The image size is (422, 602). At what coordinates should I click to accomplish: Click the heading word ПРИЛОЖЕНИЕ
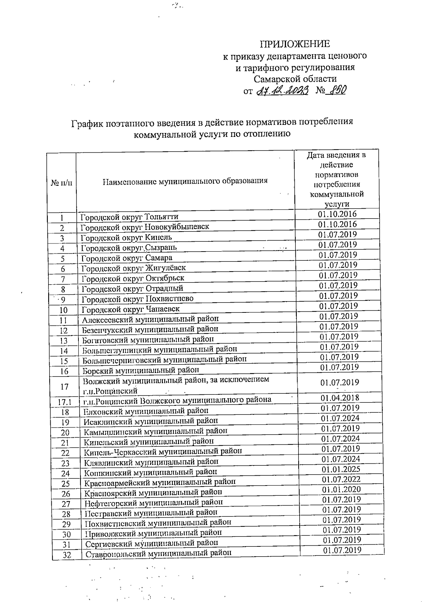[295, 44]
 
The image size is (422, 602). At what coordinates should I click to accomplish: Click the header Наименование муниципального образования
[185, 181]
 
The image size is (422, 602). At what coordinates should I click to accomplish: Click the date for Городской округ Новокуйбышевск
[337, 224]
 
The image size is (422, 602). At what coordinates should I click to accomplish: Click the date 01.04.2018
[340, 398]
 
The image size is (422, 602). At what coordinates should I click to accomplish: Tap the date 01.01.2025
[341, 469]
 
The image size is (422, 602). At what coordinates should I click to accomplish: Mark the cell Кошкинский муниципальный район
[151, 472]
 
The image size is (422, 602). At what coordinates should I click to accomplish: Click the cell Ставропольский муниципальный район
[159, 553]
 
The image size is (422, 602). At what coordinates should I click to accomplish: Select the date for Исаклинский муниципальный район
[340, 418]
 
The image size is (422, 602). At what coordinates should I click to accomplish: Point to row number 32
[66, 555]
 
